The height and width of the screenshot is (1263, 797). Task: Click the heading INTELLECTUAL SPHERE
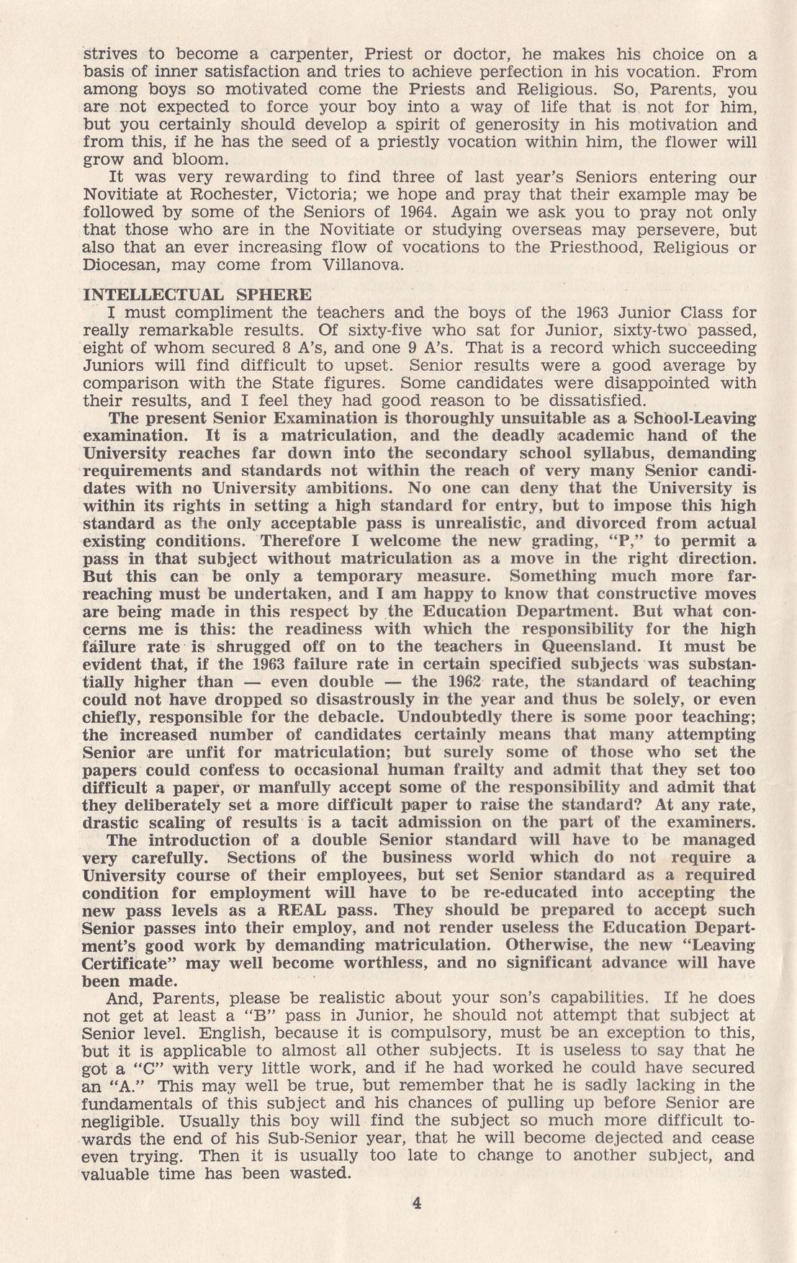click(198, 295)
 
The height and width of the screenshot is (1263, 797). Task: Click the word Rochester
click(220, 194)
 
